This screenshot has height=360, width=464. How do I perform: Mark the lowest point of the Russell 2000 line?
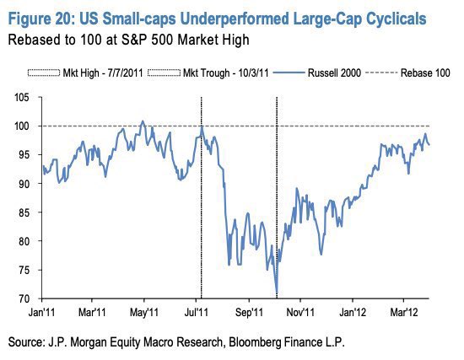tap(278, 295)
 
